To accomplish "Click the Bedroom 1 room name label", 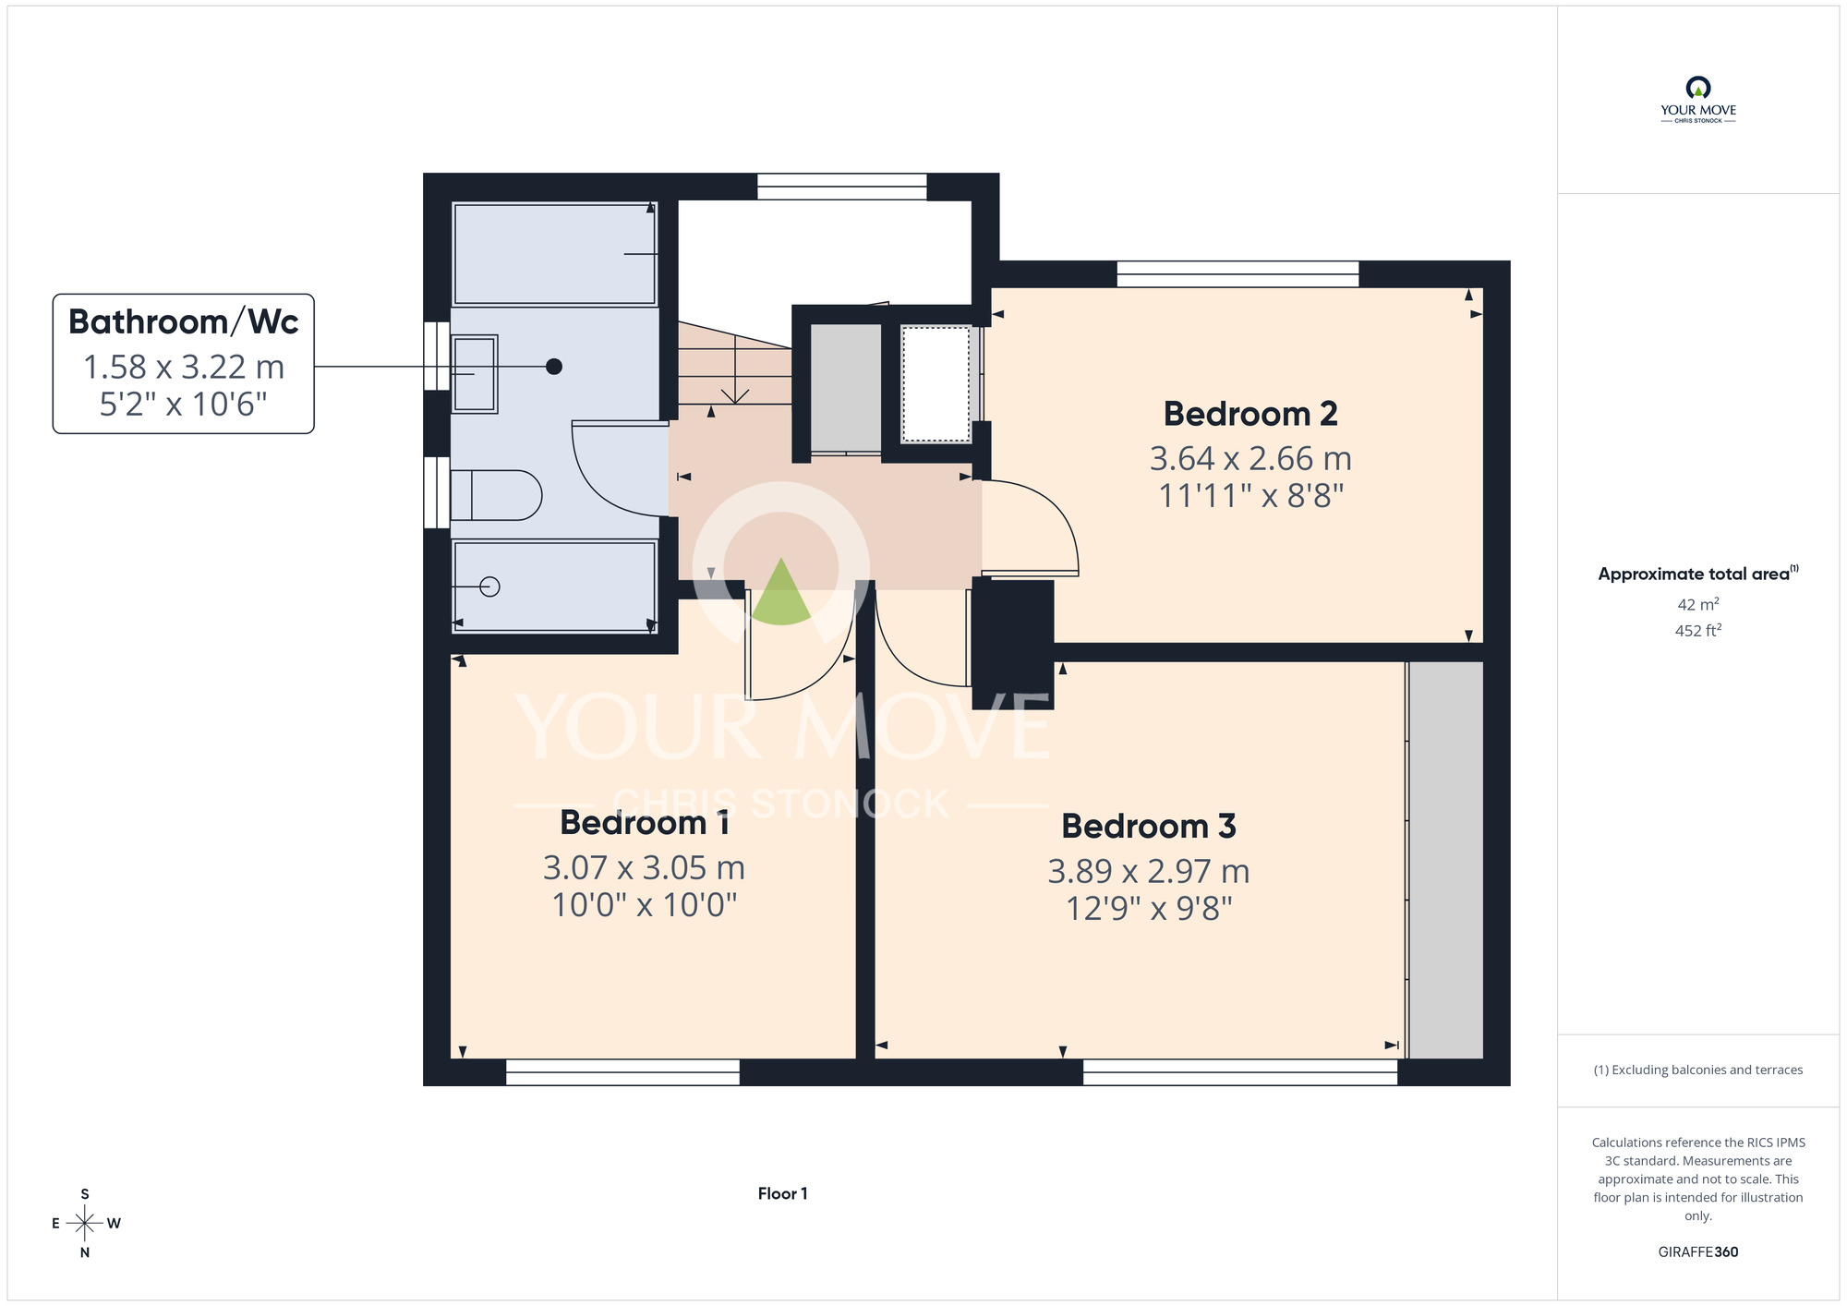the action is pyautogui.click(x=645, y=822).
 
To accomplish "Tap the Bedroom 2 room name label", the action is pyautogui.click(x=1250, y=414).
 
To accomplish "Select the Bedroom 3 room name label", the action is pyautogui.click(x=1149, y=826).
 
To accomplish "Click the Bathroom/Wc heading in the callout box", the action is pyautogui.click(x=184, y=321).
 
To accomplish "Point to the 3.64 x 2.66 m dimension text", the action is pyautogui.click(x=1250, y=458).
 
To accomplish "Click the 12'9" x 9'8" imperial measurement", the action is pyautogui.click(x=1149, y=908).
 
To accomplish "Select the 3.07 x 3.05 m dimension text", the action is pyautogui.click(x=645, y=867).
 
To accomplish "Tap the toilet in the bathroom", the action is pyautogui.click(x=496, y=495).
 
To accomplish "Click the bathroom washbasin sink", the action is pyautogui.click(x=475, y=374).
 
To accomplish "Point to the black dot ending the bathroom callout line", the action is pyautogui.click(x=554, y=367).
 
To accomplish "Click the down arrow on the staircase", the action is pyautogui.click(x=735, y=369).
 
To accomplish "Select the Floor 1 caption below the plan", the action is pyautogui.click(x=782, y=1193).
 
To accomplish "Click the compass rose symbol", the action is pyautogui.click(x=85, y=1224).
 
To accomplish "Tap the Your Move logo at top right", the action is pyautogui.click(x=1698, y=100).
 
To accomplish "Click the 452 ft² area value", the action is pyautogui.click(x=1698, y=631).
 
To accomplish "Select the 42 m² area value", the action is pyautogui.click(x=1698, y=604).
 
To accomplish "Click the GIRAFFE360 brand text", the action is pyautogui.click(x=1698, y=1252).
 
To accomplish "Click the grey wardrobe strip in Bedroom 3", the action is pyautogui.click(x=1446, y=860).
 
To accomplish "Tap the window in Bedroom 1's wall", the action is pyautogui.click(x=623, y=1071).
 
